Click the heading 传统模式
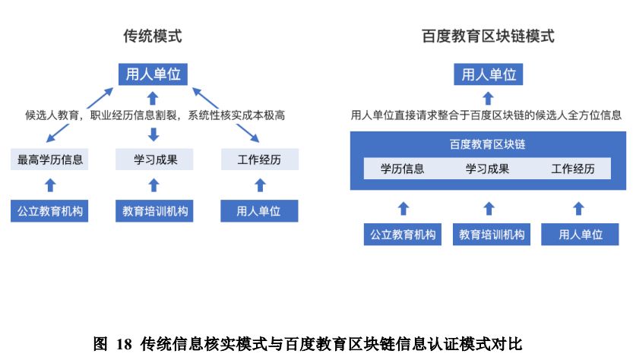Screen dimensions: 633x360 click(153, 36)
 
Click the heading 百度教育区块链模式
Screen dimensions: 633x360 click(488, 36)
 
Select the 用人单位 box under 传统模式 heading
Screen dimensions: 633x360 click(153, 74)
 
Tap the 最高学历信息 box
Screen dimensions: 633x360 click(49, 159)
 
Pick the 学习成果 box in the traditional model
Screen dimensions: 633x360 click(154, 159)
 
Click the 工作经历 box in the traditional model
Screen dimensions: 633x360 click(260, 159)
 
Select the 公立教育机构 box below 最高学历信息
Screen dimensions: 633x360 click(49, 210)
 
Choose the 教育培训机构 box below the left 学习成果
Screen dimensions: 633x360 click(154, 210)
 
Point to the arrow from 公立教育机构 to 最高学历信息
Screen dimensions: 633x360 click(50, 185)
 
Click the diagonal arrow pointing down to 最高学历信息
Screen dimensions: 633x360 click(58, 133)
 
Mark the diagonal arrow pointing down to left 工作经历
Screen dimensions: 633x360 click(248, 133)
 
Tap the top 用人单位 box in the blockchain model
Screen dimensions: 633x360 click(488, 74)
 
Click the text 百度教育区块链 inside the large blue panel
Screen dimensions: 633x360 click(488, 144)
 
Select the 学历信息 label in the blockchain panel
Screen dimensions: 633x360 click(402, 169)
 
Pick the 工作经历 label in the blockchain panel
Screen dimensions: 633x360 click(573, 169)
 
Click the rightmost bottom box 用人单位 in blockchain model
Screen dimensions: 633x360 click(580, 234)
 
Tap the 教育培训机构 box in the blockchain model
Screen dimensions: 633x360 click(492, 234)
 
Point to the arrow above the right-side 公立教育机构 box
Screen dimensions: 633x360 click(404, 209)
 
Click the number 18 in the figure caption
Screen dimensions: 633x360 click(124, 344)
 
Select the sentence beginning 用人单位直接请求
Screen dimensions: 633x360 click(486, 115)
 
